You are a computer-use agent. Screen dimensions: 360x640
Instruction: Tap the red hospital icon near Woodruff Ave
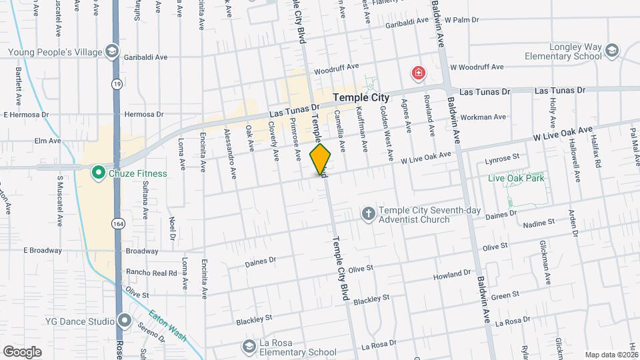[x=419, y=73]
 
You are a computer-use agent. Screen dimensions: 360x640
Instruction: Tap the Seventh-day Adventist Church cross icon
[x=367, y=214]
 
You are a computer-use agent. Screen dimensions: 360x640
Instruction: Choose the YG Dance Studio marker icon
[x=123, y=321]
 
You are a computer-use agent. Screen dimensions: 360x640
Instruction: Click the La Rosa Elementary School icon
[x=249, y=347]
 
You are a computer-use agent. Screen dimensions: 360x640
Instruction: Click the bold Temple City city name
[x=361, y=97]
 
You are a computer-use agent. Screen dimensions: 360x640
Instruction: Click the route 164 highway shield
[x=117, y=222]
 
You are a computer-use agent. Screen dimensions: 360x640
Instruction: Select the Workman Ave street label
[x=483, y=117]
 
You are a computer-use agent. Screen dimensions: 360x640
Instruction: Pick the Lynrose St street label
[x=503, y=158]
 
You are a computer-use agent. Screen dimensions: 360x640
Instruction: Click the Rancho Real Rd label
[x=151, y=273]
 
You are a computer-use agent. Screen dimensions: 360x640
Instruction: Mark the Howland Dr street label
[x=452, y=275]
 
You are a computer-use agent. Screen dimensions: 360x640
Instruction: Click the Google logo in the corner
[x=22, y=352]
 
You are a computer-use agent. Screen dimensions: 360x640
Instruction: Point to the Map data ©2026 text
[x=611, y=355]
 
